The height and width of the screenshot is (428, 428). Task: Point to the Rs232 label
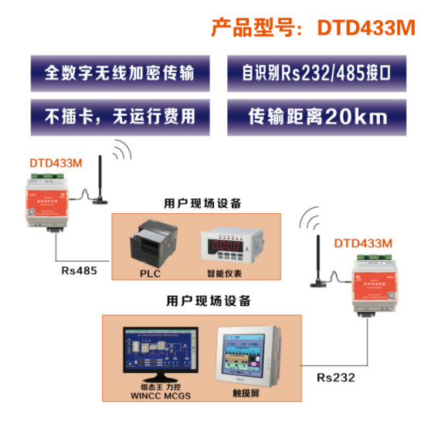336,378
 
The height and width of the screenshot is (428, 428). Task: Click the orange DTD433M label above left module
56,163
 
